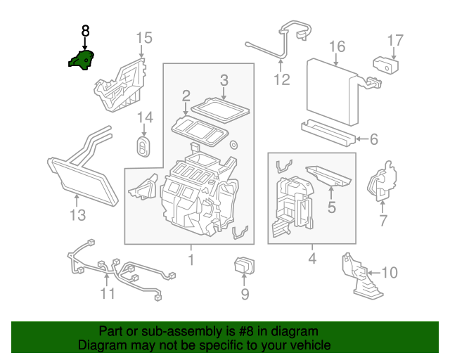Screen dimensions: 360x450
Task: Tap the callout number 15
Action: pos(143,37)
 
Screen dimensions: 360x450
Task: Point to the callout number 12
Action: pos(281,79)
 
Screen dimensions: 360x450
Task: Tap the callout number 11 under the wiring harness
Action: pos(107,292)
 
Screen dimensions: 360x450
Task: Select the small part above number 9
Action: pos(244,267)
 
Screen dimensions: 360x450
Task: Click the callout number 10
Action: pos(389,271)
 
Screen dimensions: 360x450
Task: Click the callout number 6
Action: pos(373,139)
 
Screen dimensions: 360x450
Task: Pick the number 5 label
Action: pos(331,207)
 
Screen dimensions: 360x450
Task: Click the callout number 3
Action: pos(224,81)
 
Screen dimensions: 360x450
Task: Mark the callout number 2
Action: pos(186,96)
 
